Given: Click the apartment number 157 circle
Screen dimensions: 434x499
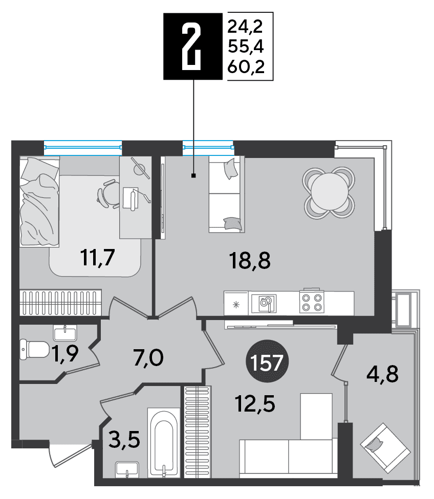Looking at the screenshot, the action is tap(267, 362).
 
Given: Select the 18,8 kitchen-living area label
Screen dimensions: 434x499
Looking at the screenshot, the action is tap(250, 260).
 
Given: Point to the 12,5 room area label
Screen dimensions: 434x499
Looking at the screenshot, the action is tap(255, 403).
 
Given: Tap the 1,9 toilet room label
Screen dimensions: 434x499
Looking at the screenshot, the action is tap(66, 353).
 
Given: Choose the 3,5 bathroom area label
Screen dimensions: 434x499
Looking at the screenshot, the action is tap(124, 439).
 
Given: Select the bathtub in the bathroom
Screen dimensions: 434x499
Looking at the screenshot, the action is tap(164, 443).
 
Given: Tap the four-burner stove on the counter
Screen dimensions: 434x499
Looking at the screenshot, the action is tap(312, 302).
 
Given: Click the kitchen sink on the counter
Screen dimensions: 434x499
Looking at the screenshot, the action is tap(264, 304).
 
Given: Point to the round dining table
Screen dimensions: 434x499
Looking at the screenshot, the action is tap(329, 193).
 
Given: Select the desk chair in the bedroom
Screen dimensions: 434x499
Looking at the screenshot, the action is tap(107, 194).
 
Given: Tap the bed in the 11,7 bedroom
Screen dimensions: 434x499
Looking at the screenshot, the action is tap(39, 201).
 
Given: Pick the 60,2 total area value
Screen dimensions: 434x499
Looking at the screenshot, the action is tap(246, 67).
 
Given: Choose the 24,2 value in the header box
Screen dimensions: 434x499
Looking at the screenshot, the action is tap(245, 26).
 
